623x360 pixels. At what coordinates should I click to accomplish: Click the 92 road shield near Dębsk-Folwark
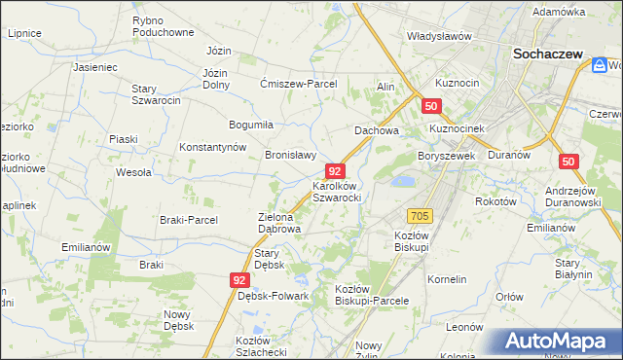[x=240, y=279]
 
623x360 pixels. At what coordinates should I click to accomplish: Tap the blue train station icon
[x=600, y=65]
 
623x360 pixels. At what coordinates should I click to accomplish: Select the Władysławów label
[x=439, y=36]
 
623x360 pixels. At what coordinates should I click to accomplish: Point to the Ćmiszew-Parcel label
[x=298, y=84]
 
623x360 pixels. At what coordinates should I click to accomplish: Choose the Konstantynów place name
[x=212, y=147]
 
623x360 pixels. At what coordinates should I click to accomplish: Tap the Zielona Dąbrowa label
[x=278, y=223]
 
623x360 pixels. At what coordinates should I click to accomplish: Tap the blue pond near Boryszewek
[x=401, y=181]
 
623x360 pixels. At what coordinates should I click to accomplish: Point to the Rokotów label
[x=494, y=201]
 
